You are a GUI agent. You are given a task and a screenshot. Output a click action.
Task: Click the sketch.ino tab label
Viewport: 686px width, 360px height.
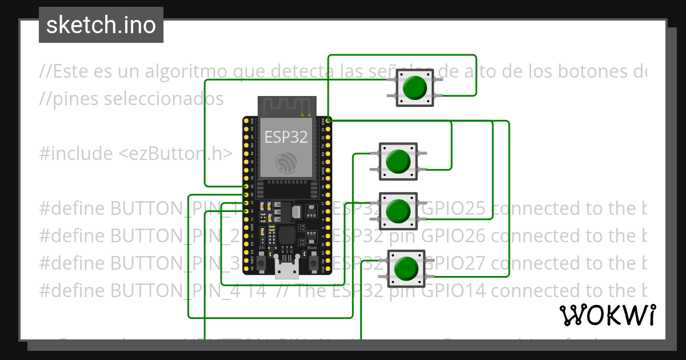(x=101, y=25)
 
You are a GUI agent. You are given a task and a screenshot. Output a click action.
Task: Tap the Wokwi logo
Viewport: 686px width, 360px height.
(x=607, y=315)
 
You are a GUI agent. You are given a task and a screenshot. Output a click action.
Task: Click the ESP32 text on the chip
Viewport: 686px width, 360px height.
(x=286, y=137)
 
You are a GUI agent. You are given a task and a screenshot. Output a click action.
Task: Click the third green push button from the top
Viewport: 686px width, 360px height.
(x=398, y=210)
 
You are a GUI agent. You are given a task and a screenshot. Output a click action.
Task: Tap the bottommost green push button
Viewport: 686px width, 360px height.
(x=406, y=268)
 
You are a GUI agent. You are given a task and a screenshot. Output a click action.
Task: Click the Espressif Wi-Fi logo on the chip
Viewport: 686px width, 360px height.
(x=286, y=163)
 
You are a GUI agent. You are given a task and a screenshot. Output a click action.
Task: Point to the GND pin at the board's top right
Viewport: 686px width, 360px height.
(x=324, y=121)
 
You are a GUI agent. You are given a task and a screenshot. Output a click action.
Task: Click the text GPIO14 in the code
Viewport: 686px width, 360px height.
(x=454, y=291)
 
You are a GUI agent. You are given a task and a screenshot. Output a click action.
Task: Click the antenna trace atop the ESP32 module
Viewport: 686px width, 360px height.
(x=286, y=106)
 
